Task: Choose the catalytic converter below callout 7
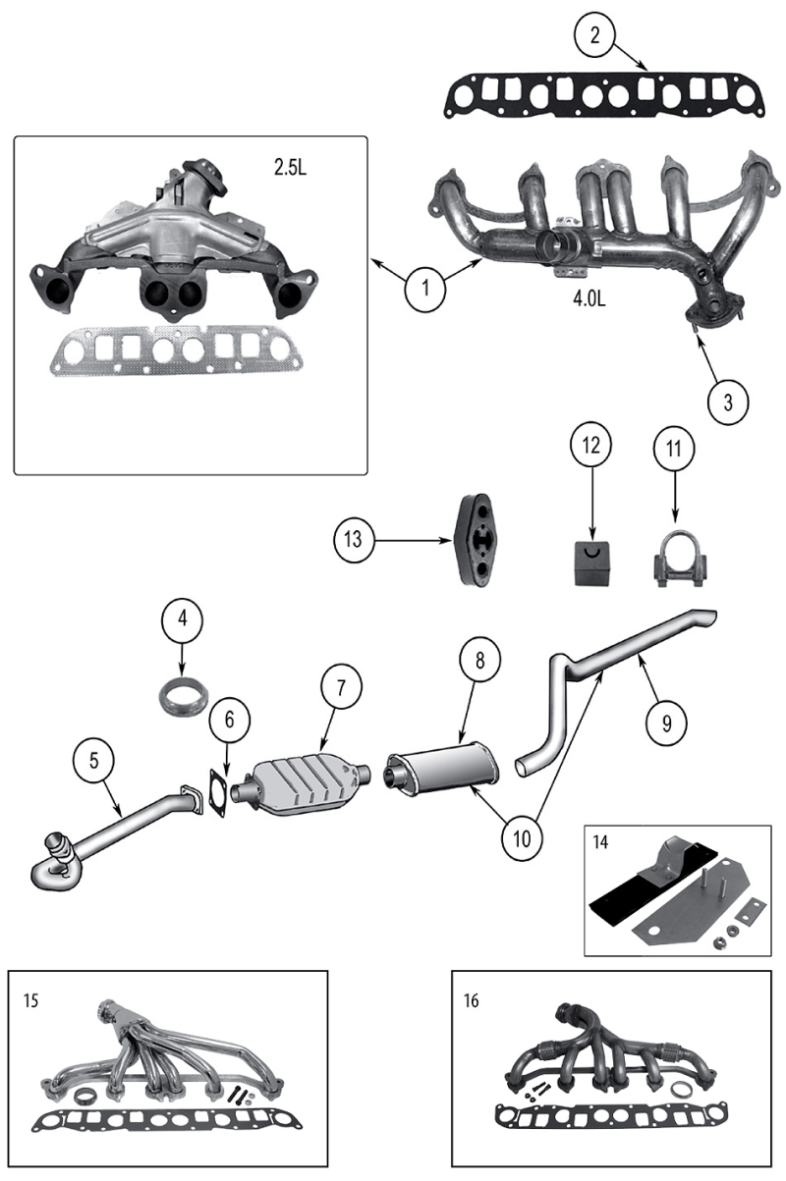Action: point(308,782)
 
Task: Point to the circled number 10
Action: point(524,837)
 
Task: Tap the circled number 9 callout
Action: point(667,722)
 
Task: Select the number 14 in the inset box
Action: point(600,842)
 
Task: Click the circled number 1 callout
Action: point(425,289)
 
